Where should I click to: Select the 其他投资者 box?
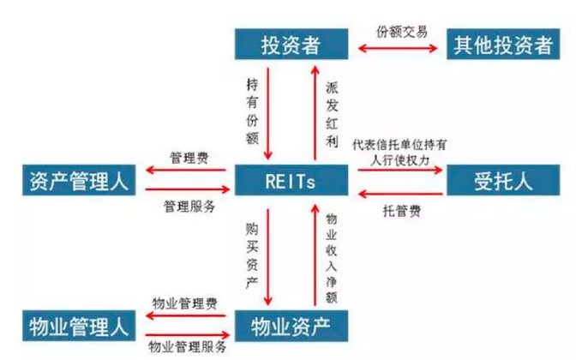pyautogui.click(x=503, y=44)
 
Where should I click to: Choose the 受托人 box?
pyautogui.click(x=503, y=181)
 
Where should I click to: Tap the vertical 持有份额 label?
pyautogui.click(x=252, y=108)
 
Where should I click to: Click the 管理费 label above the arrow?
pyautogui.click(x=187, y=159)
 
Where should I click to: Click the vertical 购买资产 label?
pyautogui.click(x=252, y=254)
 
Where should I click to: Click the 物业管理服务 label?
pyautogui.click(x=188, y=346)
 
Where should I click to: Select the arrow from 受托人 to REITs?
pyautogui.click(x=399, y=193)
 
